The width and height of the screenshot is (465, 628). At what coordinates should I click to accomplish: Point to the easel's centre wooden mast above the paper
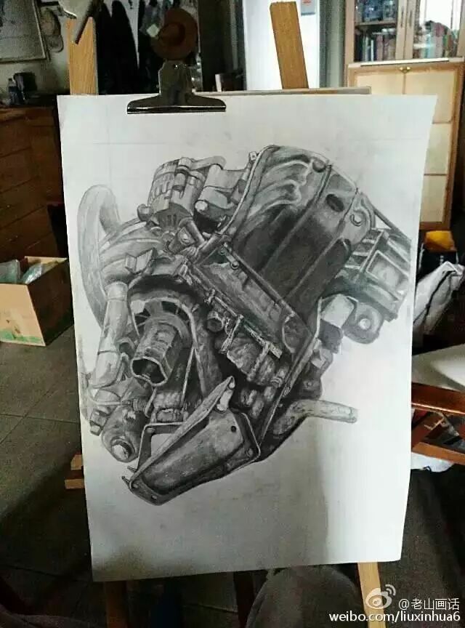click(288, 46)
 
